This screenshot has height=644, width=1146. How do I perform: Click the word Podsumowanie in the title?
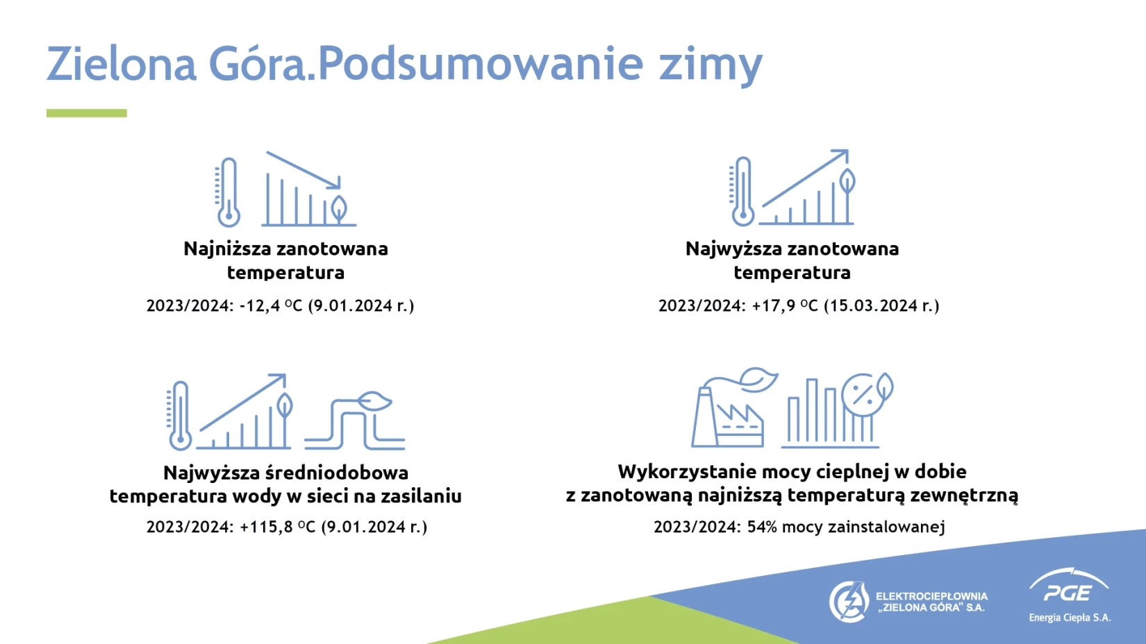coord(481,63)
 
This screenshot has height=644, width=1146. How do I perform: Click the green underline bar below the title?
coord(86,113)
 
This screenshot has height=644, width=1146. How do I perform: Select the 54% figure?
coord(763,527)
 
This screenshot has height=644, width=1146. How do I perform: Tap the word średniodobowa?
coord(337,473)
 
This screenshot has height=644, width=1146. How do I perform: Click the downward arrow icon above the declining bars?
coord(304,170)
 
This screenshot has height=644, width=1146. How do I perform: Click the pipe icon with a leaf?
coord(355,421)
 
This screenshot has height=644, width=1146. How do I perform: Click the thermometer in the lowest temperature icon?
coord(229,192)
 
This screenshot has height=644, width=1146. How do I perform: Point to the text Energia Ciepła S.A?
coord(1070,618)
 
